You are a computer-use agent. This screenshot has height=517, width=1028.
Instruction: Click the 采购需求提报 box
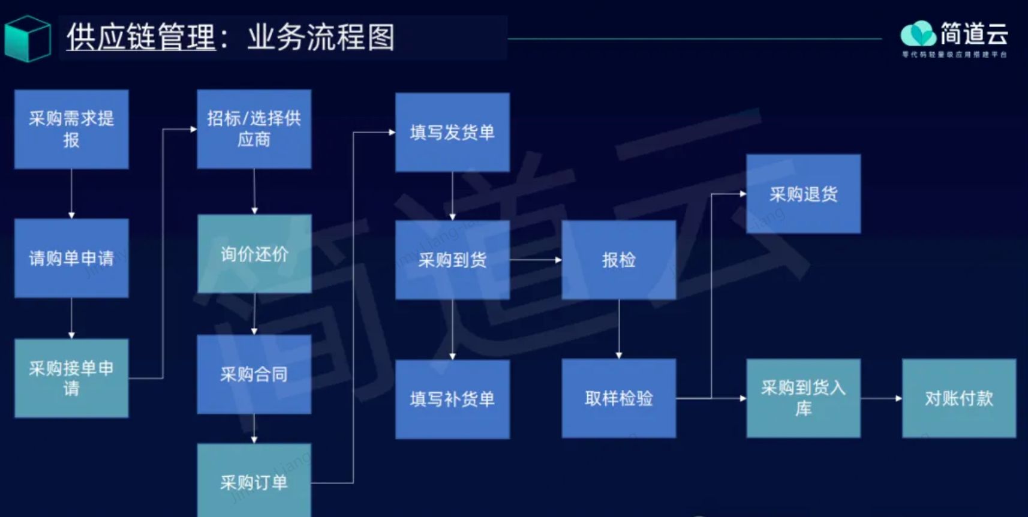[71, 129]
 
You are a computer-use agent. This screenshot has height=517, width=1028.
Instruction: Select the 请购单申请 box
[71, 258]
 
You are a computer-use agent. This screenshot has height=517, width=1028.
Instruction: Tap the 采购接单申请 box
[71, 378]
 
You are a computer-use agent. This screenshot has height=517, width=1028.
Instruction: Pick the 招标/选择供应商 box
[254, 129]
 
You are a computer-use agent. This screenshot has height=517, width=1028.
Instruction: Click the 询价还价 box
[254, 254]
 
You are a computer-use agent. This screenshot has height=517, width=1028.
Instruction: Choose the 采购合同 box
[254, 374]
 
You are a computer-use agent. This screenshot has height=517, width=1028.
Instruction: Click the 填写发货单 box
[452, 132]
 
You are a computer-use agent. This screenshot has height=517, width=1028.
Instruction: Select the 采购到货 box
[452, 260]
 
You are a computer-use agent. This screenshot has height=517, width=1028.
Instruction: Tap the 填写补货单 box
[452, 399]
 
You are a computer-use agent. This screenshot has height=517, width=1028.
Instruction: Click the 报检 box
[618, 260]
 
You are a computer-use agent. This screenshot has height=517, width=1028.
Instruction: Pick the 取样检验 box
[618, 398]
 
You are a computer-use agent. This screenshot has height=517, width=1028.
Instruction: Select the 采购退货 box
[803, 194]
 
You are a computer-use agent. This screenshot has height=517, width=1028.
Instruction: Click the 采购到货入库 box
[803, 398]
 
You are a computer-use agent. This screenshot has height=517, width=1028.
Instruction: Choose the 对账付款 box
[958, 398]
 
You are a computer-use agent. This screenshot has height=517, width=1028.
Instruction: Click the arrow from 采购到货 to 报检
[535, 260]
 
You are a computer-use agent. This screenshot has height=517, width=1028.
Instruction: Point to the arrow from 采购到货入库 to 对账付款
[881, 398]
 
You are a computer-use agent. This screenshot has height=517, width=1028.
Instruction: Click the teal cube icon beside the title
[28, 38]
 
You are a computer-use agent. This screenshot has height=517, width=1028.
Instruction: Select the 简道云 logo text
[973, 34]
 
